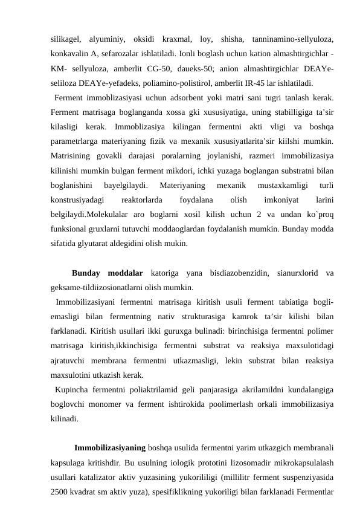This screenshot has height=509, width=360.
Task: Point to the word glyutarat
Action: click(99, 245)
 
